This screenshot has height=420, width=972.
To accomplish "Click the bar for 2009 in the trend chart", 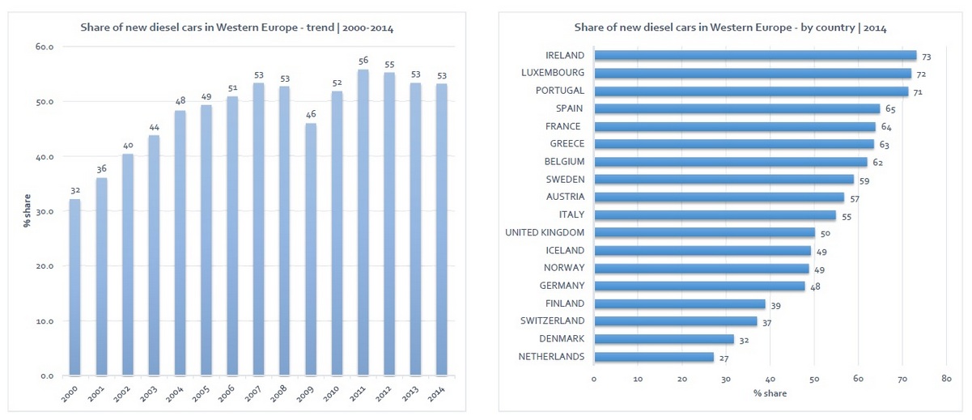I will point(310,249).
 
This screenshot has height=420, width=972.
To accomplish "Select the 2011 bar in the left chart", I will point(362,223).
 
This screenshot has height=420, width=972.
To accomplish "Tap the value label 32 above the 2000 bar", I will point(74,190).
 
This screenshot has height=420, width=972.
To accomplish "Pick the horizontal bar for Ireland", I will point(755,56).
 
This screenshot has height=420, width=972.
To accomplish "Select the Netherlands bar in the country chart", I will point(654,357).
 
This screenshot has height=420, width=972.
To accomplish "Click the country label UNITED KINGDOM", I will point(545,233).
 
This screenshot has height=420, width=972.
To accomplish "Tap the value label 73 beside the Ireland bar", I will point(927,57).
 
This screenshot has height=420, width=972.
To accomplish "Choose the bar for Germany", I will point(700,286).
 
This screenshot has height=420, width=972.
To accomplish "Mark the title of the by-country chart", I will point(730,28).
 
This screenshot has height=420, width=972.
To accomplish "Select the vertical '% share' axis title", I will point(26,212).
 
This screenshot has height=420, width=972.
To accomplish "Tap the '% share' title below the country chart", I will point(769,393).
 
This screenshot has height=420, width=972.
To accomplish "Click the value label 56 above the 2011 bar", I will point(362,61).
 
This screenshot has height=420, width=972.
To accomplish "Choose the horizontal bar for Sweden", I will point(724,180).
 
